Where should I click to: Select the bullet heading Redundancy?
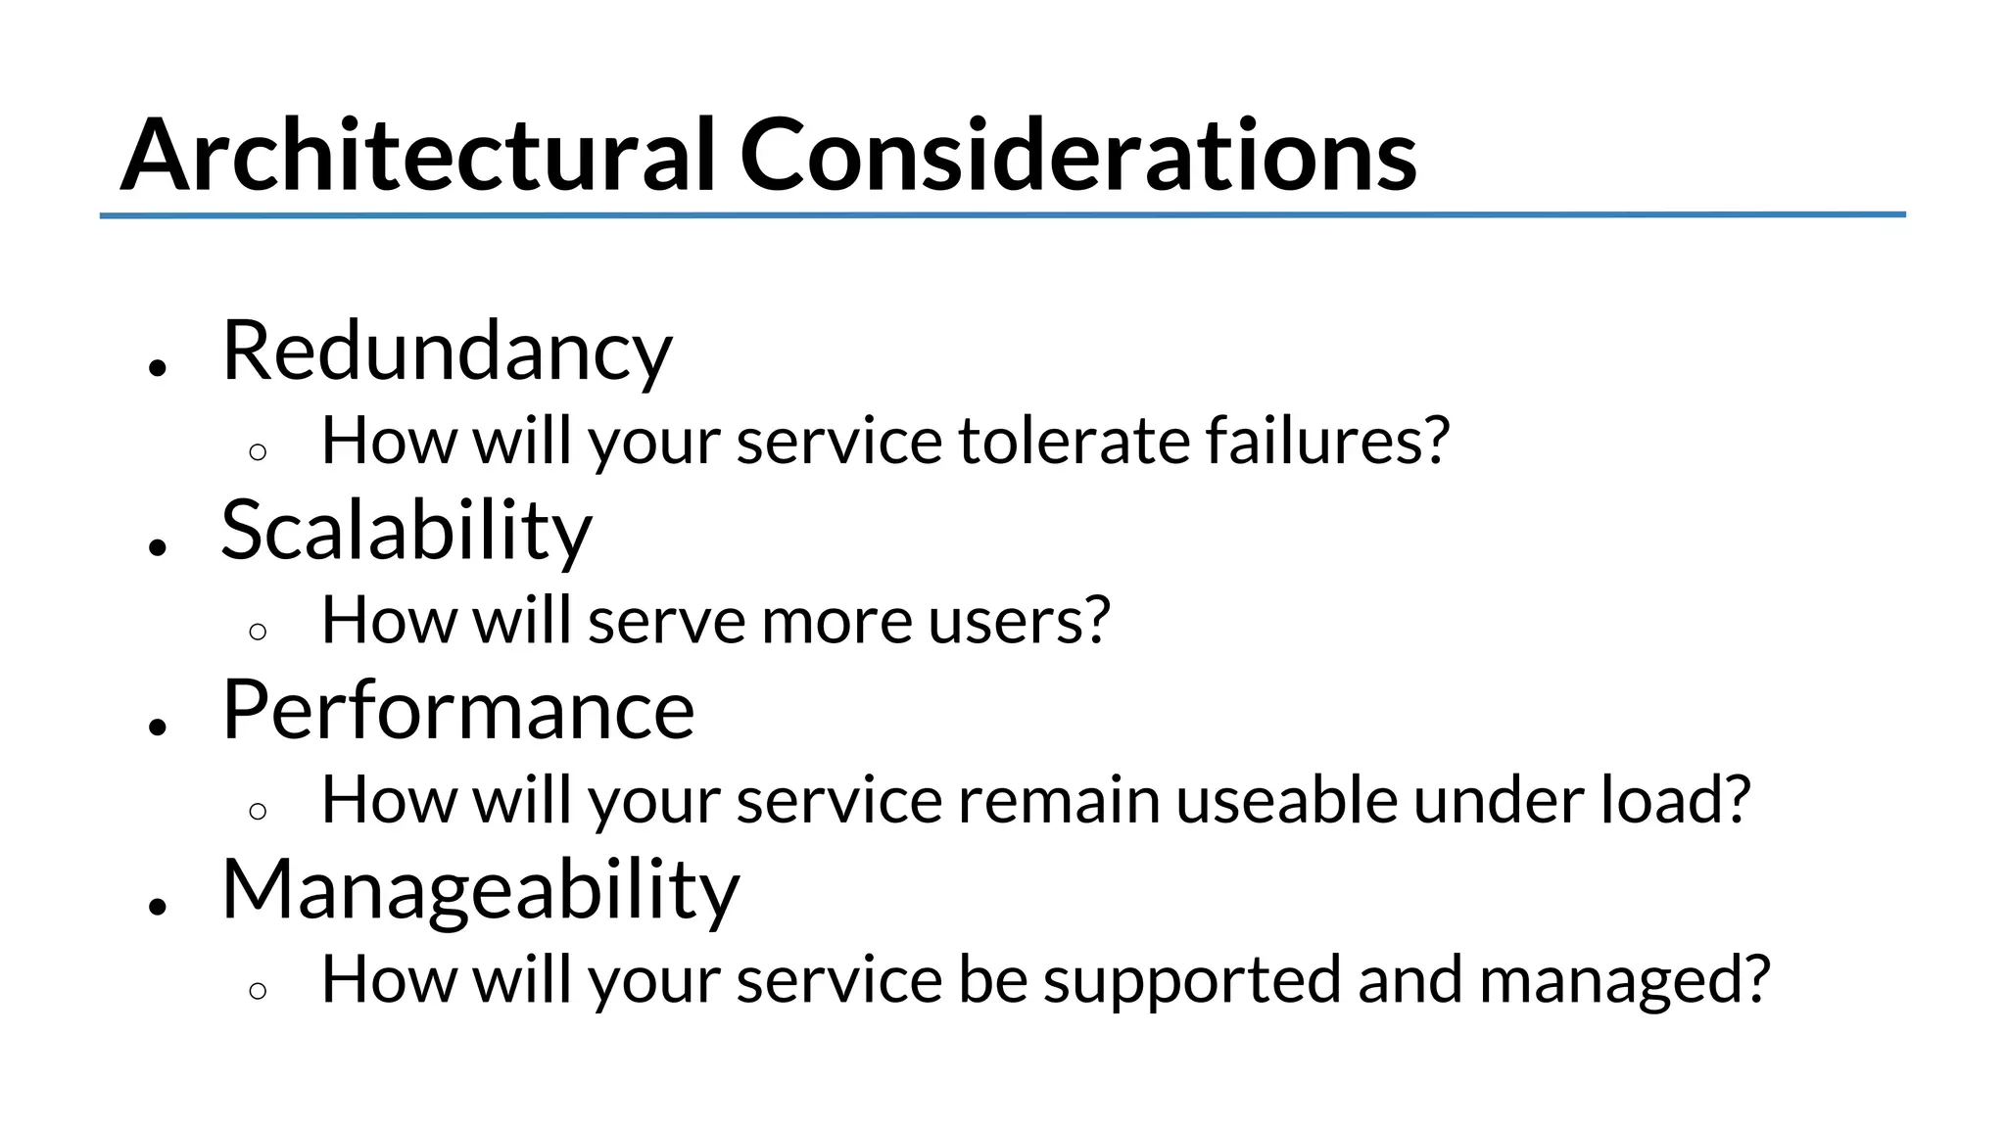pyautogui.click(x=447, y=352)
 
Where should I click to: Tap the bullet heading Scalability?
pyautogui.click(x=406, y=532)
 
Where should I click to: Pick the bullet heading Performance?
pyautogui.click(x=458, y=711)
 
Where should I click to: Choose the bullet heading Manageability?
pyautogui.click(x=481, y=890)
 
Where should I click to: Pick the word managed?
pyautogui.click(x=1625, y=980)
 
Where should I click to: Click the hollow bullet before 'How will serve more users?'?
pyautogui.click(x=258, y=632)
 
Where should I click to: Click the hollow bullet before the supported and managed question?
pyautogui.click(x=258, y=991)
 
